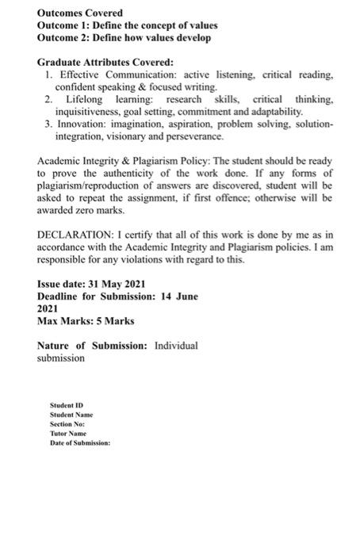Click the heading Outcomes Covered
point(80,13)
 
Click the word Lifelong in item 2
point(86,99)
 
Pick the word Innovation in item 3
point(82,124)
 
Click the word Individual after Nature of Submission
point(176,346)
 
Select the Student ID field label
point(67,404)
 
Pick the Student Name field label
point(71,414)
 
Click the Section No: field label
point(67,423)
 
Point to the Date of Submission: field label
point(80,442)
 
